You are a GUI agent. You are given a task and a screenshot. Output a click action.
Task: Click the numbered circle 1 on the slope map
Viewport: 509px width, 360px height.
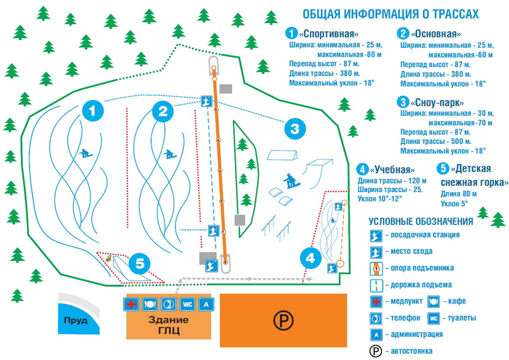pos(92,110)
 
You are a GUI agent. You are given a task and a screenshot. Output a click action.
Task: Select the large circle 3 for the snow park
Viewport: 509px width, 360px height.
pos(295,129)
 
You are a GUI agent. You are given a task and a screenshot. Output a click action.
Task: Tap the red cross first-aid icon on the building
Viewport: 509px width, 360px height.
pos(131,304)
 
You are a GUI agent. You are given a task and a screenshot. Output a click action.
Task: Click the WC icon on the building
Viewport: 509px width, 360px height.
pos(187,304)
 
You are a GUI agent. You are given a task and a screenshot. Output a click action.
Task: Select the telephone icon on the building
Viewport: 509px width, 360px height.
pos(168,304)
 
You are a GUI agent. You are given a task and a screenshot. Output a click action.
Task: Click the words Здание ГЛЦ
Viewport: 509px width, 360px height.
pos(168,326)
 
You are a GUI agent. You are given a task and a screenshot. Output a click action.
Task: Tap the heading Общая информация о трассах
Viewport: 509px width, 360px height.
pos(391,14)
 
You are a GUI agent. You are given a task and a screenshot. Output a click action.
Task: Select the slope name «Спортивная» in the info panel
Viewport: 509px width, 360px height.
pos(326,34)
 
